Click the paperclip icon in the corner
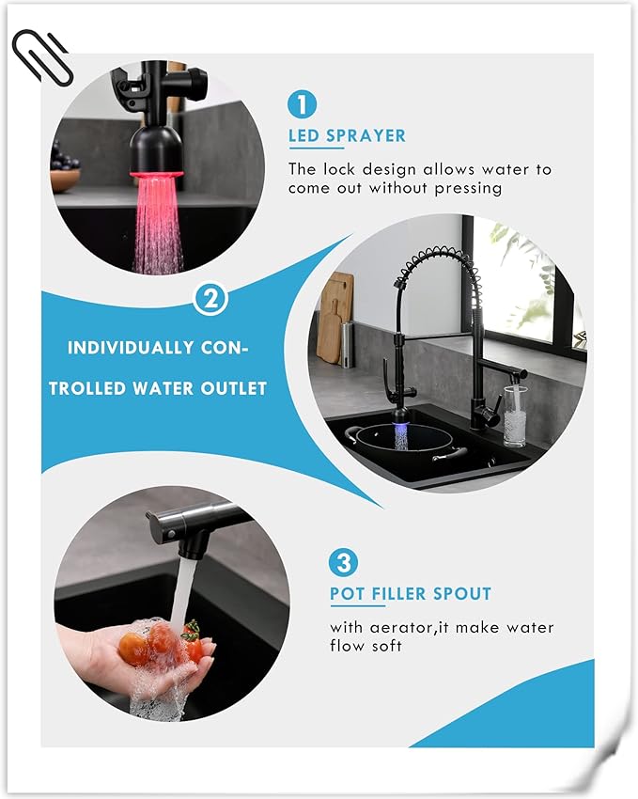pos(41,59)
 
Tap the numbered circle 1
pos(302,103)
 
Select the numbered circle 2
pos(210,300)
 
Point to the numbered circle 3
pos(343,562)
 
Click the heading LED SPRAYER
pos(347,136)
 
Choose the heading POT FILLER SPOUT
pos(410,594)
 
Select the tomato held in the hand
pos(135,648)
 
